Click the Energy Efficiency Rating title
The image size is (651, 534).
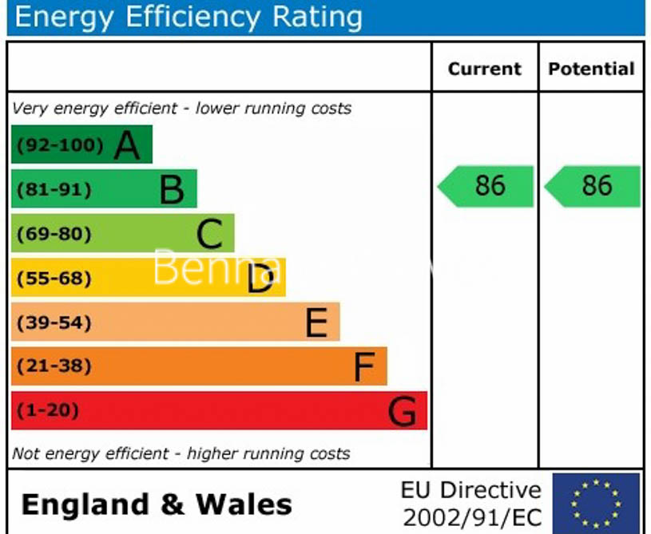[189, 17]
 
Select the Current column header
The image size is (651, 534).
[484, 69]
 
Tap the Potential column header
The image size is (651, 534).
[591, 69]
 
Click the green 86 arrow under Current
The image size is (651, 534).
[486, 186]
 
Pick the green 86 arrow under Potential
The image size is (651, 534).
[593, 186]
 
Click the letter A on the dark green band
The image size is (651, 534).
[127, 145]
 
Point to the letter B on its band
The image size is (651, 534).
[172, 190]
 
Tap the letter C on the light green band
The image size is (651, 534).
[209, 235]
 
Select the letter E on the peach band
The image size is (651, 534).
[316, 323]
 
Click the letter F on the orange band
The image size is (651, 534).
[364, 367]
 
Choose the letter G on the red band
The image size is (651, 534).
[402, 412]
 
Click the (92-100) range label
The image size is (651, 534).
[61, 145]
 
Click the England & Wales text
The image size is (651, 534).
[157, 504]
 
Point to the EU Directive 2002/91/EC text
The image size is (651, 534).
[471, 503]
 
